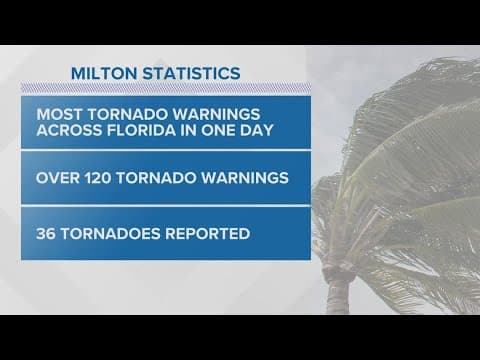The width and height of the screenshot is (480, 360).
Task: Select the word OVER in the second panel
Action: pyautogui.click(x=63, y=178)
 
